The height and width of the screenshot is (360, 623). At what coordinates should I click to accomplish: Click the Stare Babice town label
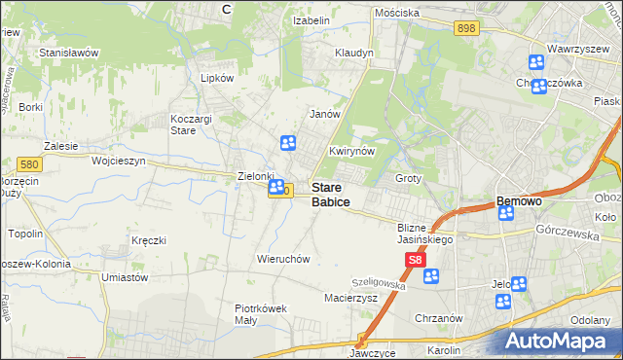(330, 194)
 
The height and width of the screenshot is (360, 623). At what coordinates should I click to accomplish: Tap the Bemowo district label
(519, 201)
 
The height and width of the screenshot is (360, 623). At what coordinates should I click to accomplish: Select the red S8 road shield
(416, 261)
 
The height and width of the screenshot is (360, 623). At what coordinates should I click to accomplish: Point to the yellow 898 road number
(465, 29)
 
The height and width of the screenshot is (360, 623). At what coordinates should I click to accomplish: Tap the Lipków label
(217, 78)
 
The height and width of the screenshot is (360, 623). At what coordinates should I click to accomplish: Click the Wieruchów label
(282, 260)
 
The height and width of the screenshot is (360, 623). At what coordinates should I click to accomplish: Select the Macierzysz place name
(350, 299)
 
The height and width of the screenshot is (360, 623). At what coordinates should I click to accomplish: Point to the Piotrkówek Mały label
(261, 314)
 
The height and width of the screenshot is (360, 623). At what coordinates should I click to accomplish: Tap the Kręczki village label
(149, 239)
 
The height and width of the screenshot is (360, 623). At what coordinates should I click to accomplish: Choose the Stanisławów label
(68, 53)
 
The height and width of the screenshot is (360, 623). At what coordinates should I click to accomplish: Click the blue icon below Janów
(288, 144)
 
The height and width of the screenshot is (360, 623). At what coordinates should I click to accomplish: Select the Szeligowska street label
(379, 279)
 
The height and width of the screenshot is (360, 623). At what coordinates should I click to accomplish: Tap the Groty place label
(408, 179)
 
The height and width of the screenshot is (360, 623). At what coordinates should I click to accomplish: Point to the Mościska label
(396, 13)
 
